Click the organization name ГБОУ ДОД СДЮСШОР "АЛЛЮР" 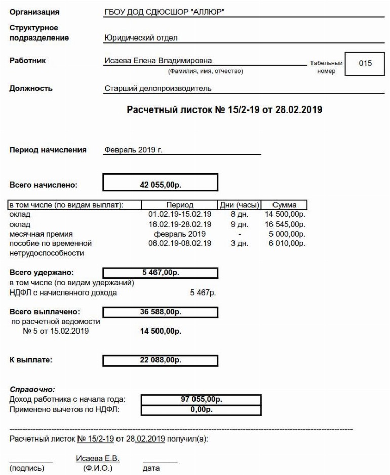pyautogui.click(x=164, y=12)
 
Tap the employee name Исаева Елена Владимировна pyautogui.click(x=158, y=61)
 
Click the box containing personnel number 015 pyautogui.click(x=365, y=63)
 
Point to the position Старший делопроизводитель pyautogui.click(x=158, y=89)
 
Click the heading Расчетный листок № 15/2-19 pyautogui.click(x=224, y=109)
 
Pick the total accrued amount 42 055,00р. pyautogui.click(x=160, y=186)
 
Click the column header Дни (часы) pyautogui.click(x=239, y=205)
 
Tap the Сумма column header pyautogui.click(x=284, y=205)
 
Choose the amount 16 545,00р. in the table pyautogui.click(x=285, y=224)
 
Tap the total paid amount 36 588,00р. pyautogui.click(x=160, y=312)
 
